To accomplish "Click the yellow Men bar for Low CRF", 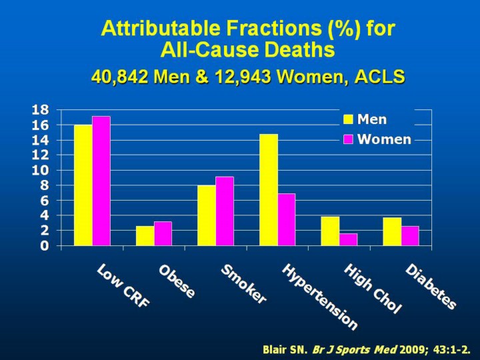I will point(83,185).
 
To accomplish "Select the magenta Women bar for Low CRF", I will point(101,181).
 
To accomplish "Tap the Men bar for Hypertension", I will point(269,190).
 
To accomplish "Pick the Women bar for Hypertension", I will point(287,219).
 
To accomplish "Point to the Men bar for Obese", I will point(145,236).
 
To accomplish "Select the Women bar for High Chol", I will point(348,239).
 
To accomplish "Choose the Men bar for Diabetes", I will point(392,231).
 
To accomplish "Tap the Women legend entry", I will point(377,139).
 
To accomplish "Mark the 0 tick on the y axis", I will point(45,246).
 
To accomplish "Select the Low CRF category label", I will point(124,286).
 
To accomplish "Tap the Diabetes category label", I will point(431,287).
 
